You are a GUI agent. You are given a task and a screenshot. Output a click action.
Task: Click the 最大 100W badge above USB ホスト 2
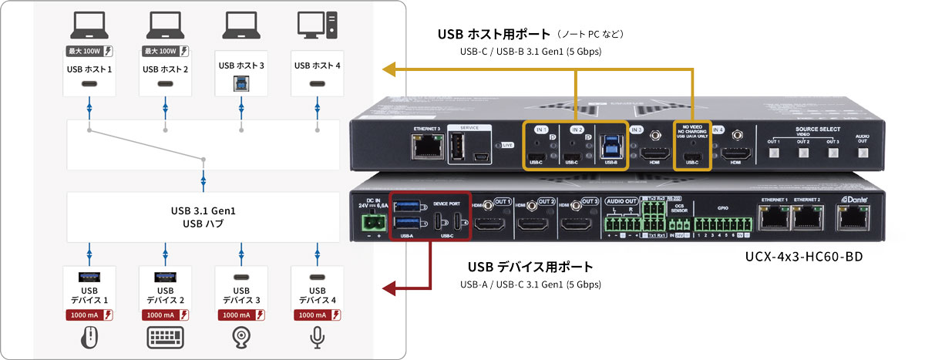[165, 52]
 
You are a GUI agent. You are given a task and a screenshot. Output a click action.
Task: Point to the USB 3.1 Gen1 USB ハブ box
[203, 217]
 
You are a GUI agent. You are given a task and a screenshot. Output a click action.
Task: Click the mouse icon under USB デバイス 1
[89, 337]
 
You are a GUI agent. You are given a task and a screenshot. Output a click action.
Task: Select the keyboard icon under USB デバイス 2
[165, 337]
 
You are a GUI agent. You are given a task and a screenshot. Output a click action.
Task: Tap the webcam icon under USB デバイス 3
[240, 337]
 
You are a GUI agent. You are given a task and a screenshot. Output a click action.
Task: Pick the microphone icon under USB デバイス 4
[316, 337]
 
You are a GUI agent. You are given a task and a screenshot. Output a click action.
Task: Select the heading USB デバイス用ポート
[530, 267]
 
